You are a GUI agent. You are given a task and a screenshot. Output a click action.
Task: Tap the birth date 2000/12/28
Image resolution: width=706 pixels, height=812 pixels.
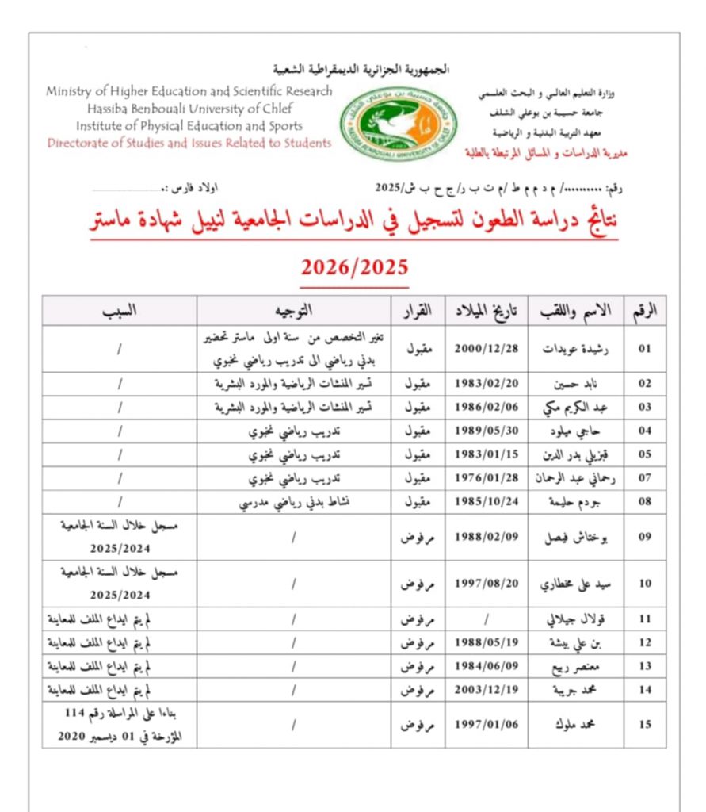486,349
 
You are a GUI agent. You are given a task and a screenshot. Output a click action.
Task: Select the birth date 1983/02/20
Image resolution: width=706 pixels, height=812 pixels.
486,384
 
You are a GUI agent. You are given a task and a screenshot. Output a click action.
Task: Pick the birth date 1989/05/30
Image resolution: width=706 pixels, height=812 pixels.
486,431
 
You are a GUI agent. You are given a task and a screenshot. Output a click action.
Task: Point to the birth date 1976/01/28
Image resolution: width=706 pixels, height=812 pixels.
486,478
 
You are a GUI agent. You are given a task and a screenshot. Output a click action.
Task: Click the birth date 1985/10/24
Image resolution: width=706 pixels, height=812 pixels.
486,502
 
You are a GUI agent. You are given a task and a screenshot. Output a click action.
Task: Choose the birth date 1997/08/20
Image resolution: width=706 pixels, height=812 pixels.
486,584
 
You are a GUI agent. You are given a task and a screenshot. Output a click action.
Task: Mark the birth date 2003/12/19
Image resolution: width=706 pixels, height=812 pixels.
486,689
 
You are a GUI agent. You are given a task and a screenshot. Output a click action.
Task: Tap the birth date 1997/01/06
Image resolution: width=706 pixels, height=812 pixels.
486,725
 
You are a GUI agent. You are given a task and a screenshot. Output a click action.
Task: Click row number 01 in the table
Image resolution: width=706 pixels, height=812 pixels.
645,349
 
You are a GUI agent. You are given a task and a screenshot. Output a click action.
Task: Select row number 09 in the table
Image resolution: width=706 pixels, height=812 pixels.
645,537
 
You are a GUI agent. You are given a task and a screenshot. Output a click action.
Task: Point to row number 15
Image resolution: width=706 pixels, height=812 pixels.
645,725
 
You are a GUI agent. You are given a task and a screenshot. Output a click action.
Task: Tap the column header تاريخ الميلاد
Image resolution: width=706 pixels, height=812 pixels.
486,311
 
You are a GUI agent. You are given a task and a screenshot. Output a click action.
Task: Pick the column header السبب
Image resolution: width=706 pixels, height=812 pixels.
120,311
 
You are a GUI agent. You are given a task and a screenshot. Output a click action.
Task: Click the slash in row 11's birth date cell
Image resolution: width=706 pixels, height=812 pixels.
486,619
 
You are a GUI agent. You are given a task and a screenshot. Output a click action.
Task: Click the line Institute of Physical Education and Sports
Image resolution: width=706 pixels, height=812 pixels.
189,125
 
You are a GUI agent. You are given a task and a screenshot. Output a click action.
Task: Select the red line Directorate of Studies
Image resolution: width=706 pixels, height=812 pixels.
189,144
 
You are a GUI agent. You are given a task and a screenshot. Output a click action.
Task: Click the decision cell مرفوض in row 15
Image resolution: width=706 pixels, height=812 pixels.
418,725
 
